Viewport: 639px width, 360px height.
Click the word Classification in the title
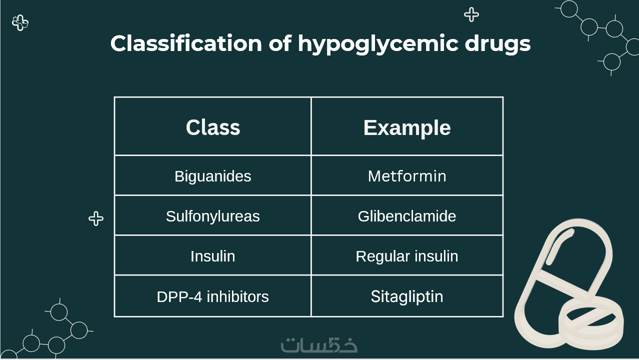point(186,43)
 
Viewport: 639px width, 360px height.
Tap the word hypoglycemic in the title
point(378,44)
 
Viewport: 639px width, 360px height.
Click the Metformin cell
point(407,176)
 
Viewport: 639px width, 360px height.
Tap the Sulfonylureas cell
point(213,216)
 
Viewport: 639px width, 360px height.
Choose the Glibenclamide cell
point(407,216)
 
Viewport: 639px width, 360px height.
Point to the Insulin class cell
point(213,256)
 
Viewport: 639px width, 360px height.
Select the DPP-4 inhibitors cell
point(213,296)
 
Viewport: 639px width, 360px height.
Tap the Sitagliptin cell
point(407,296)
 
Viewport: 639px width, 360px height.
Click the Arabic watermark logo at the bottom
point(319,345)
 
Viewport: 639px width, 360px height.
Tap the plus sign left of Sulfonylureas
point(96,219)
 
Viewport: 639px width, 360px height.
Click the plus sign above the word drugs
point(471,14)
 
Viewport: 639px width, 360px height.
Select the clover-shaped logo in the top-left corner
point(20,23)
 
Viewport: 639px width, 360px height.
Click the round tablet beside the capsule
point(591,319)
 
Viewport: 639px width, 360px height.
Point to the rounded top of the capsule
point(579,225)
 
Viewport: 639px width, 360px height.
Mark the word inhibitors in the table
point(237,296)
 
